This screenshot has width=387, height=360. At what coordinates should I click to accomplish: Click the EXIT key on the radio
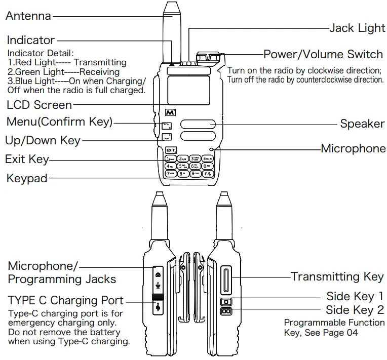tap(170, 150)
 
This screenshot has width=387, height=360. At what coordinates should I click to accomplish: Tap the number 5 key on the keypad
tap(182, 166)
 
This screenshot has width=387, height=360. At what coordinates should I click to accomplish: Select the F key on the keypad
tap(207, 174)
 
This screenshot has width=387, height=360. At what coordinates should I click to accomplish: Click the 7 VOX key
tap(170, 174)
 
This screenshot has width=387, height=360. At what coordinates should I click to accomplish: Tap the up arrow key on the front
tap(167, 126)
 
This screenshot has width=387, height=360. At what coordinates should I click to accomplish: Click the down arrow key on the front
tap(167, 136)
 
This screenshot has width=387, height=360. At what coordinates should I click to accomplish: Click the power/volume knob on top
tap(208, 56)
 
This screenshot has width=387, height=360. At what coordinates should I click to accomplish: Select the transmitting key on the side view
tap(226, 280)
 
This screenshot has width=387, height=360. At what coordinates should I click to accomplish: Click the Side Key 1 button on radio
tap(225, 302)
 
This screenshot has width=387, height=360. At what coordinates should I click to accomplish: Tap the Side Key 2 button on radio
tap(225, 312)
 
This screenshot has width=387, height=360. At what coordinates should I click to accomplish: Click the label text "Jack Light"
tap(357, 28)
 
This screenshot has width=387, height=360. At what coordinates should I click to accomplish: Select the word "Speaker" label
tap(362, 124)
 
